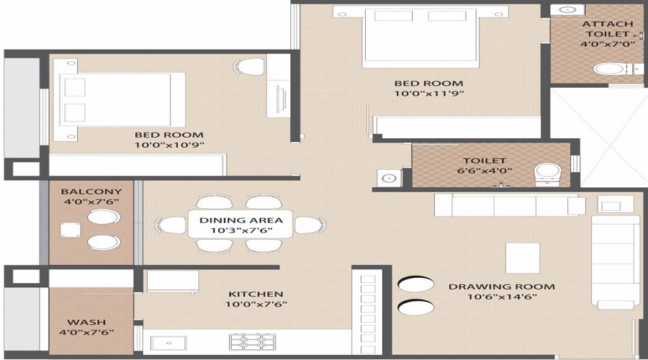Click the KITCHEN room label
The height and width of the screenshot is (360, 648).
pos(256,294)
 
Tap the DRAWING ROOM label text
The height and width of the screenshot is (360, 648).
pos(502,287)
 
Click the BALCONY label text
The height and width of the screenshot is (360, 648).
pos(91,192)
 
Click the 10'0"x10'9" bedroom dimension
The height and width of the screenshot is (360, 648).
pos(168,145)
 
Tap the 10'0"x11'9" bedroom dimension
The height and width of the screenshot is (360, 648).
pos(428,93)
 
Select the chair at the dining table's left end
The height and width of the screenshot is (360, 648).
pos(173,225)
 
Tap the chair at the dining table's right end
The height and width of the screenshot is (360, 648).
pos(309,225)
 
